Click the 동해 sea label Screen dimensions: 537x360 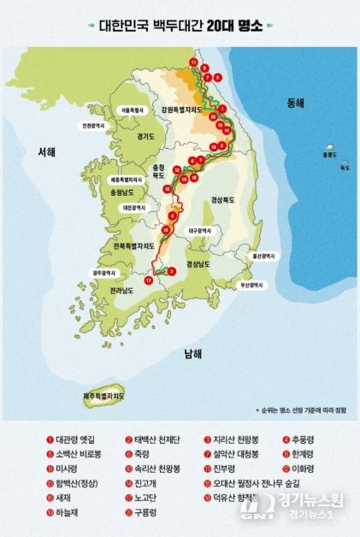[x=295, y=103]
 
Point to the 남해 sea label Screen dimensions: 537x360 [x=192, y=353]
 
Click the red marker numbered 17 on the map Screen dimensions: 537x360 [x=148, y=280]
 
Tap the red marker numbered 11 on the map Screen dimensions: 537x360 [x=194, y=62]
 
